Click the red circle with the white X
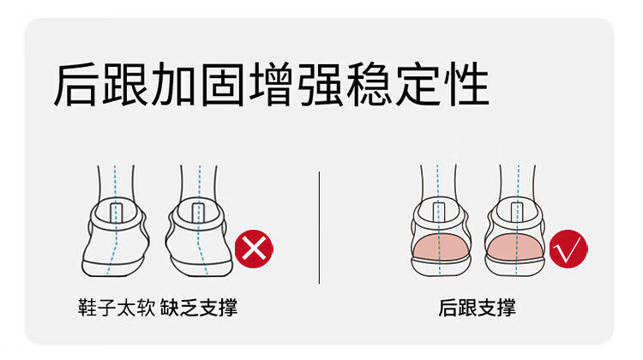[254, 249]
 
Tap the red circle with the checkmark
[568, 249]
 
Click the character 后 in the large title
[76, 85]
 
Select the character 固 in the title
[224, 85]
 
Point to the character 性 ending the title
[468, 85]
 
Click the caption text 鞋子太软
[117, 308]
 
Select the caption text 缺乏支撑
[199, 308]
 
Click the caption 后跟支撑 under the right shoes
[477, 308]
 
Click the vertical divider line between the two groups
[319, 227]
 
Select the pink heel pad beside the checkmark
[515, 247]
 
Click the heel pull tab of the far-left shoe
[117, 213]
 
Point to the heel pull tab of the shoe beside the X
[198, 213]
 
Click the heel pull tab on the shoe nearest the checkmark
[517, 213]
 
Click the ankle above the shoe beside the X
[199, 183]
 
